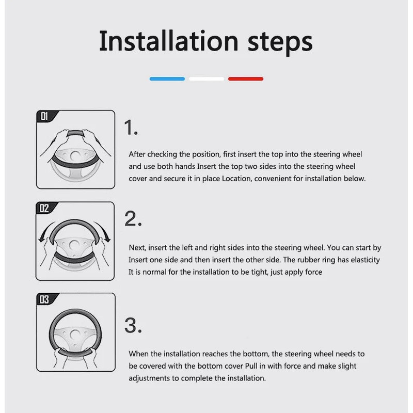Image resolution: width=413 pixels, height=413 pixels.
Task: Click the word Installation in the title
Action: click(x=169, y=41)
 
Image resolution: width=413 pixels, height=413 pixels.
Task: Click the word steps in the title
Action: click(x=280, y=43)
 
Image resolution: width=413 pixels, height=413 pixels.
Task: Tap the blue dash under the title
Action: click(x=167, y=79)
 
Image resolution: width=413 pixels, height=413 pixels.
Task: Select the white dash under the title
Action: click(x=206, y=79)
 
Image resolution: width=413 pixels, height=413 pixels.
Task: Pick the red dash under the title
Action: click(x=246, y=79)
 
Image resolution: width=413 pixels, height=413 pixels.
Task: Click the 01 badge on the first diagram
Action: click(x=44, y=116)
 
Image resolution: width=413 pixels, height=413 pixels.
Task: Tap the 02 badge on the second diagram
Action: click(x=44, y=209)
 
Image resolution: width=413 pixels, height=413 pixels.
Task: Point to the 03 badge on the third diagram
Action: click(x=44, y=299)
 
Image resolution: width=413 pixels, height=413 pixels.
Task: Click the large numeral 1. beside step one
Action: click(x=131, y=128)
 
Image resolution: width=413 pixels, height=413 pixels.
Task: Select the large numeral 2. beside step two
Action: click(x=133, y=218)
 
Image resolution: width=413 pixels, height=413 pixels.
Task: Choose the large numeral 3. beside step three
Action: click(x=133, y=326)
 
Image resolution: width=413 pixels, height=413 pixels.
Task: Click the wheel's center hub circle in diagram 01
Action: click(x=75, y=156)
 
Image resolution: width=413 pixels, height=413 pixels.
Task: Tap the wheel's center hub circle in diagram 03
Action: click(x=75, y=335)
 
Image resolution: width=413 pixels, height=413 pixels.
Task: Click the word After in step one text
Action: click(x=137, y=154)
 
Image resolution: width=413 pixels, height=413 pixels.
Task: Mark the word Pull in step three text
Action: click(x=251, y=366)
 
